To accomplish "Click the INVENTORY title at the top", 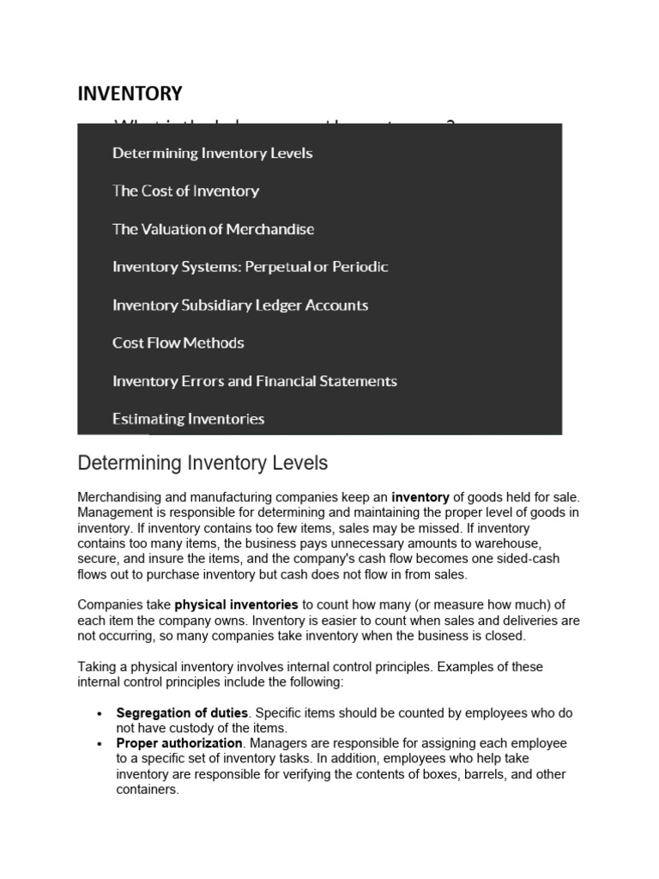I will click(130, 94).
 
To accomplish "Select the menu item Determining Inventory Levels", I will click(212, 154).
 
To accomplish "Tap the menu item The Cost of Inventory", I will click(185, 191).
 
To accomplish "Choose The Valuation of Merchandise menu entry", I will click(213, 229).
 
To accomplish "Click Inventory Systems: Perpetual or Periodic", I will click(250, 267).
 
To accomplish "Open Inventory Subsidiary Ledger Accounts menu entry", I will click(239, 305).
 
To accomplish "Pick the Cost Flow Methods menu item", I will click(178, 343).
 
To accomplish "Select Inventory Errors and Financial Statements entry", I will click(254, 381).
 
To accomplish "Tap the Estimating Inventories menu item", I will click(188, 419).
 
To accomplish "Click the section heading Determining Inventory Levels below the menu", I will click(203, 464).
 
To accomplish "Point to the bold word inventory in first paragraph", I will click(420, 497).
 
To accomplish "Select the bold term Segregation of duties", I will click(182, 713).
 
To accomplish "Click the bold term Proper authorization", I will click(179, 743).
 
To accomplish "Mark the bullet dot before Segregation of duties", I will click(100, 714).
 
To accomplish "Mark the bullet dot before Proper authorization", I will click(100, 744).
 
